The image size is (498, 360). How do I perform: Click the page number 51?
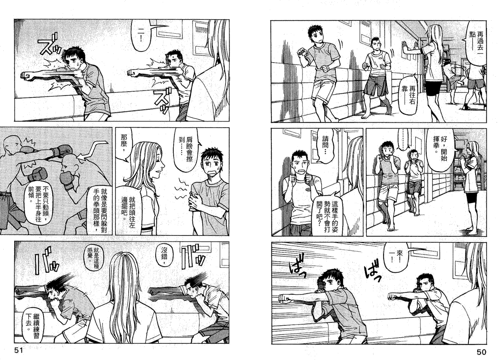pyautogui.click(x=19, y=350)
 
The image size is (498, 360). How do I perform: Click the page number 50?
pyautogui.click(x=481, y=352)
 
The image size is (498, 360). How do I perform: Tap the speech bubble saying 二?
pyautogui.click(x=141, y=35)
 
